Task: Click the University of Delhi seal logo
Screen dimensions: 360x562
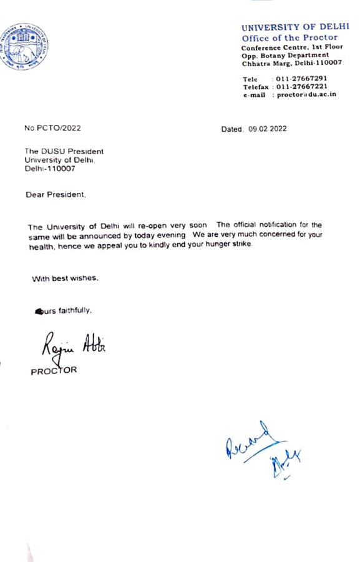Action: click(26, 47)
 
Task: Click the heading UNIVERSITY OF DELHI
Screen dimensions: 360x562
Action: click(287, 28)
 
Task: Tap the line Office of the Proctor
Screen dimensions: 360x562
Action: click(289, 38)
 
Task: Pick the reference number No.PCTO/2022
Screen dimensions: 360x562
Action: click(52, 129)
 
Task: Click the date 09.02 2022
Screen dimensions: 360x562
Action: click(267, 129)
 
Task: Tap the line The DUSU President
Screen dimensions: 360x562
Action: click(64, 152)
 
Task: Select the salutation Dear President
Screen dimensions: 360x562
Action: click(56, 195)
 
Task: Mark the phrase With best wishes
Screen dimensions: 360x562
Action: click(65, 279)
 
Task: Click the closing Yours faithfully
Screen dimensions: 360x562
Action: click(66, 310)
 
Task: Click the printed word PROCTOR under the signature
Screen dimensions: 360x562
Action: click(54, 371)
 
